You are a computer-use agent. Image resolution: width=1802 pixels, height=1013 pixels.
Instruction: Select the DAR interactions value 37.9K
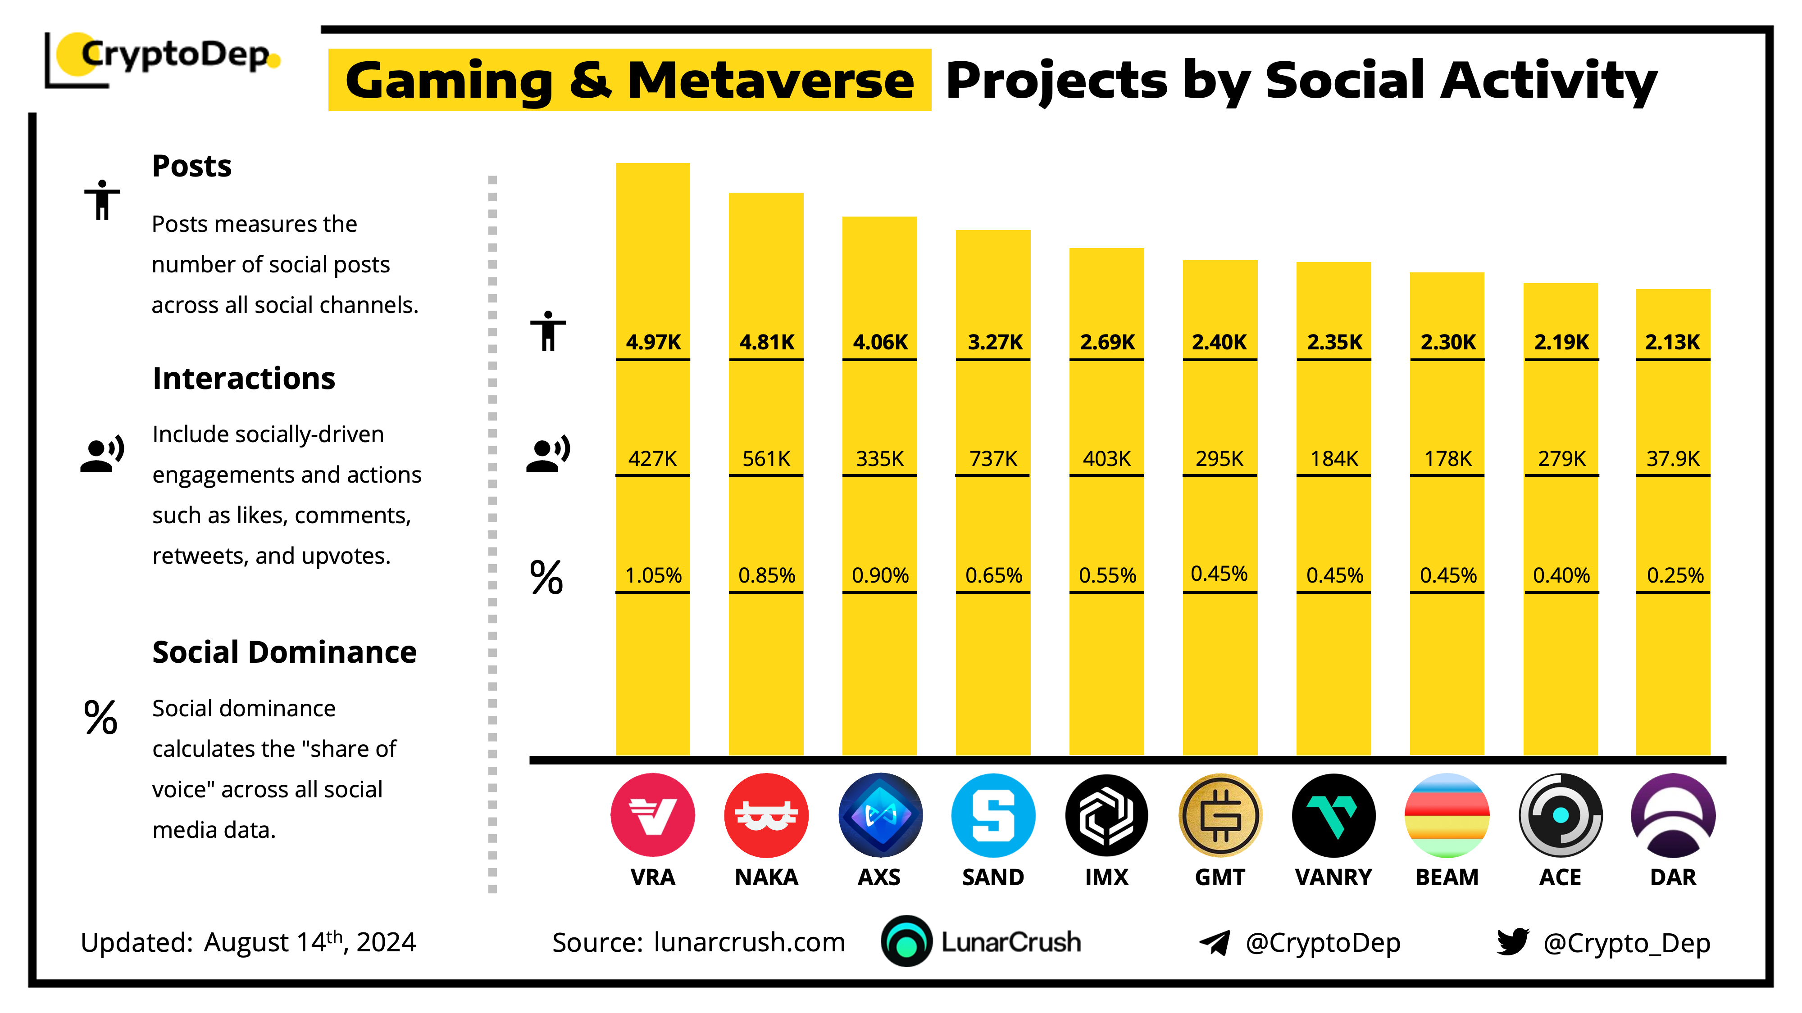pyautogui.click(x=1673, y=459)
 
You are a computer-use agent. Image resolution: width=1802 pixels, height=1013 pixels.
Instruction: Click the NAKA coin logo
pyautogui.click(x=766, y=815)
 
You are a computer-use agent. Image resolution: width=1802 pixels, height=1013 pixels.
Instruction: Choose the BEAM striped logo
pyautogui.click(x=1447, y=815)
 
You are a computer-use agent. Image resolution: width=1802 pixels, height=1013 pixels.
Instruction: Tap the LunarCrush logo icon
pyautogui.click(x=906, y=942)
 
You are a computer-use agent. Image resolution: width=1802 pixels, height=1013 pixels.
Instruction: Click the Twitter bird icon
pyautogui.click(x=1512, y=942)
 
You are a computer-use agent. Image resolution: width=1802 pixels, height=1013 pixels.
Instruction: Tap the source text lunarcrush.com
pyautogui.click(x=749, y=942)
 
